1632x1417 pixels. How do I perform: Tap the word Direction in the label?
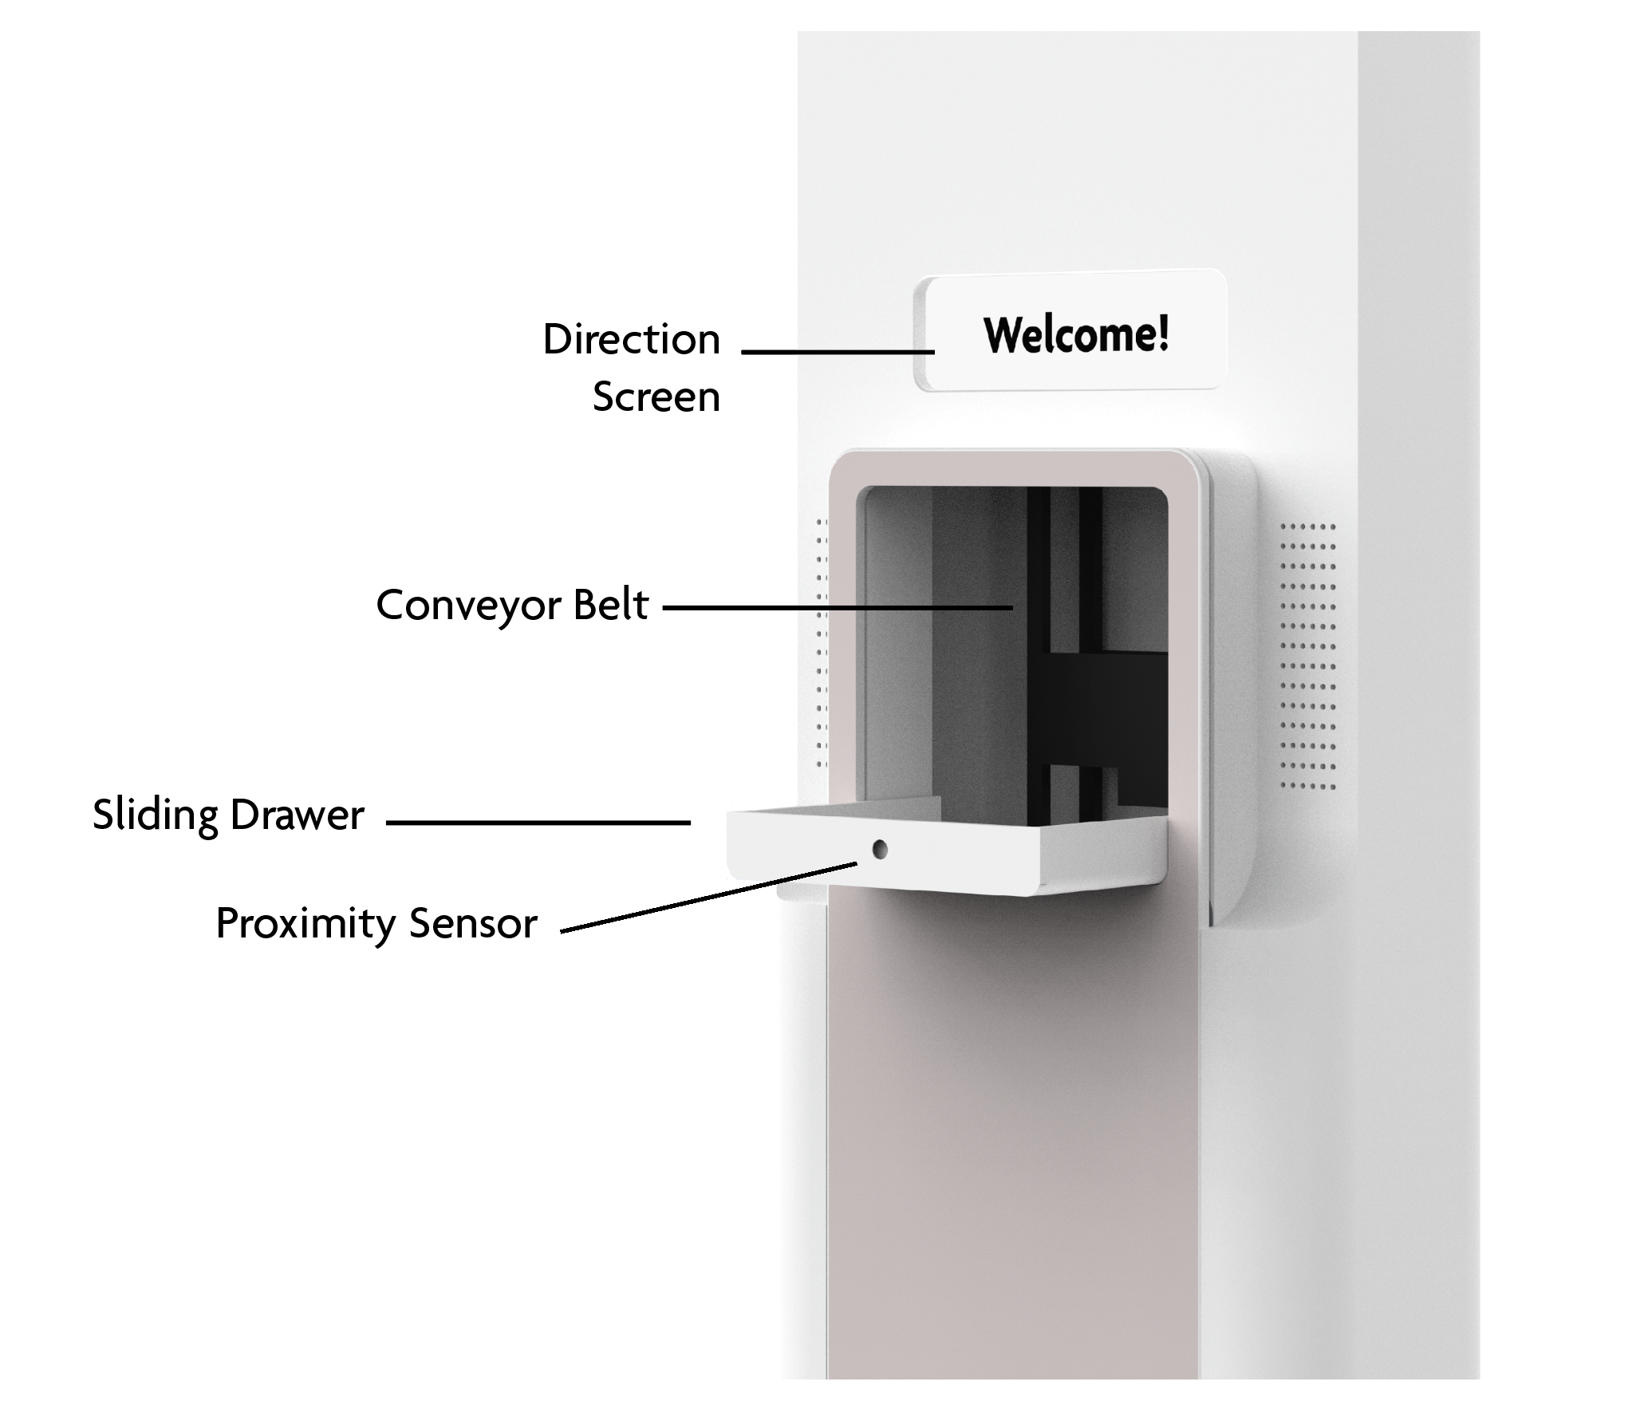tap(631, 340)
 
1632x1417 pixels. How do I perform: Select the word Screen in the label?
tap(656, 397)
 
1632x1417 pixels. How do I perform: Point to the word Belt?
tap(610, 605)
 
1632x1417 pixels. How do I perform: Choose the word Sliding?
tap(155, 815)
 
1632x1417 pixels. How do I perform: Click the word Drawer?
tap(297, 815)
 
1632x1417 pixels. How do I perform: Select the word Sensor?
tap(473, 924)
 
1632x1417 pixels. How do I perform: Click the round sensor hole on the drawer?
tap(879, 849)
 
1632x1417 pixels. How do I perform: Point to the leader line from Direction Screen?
tap(837, 351)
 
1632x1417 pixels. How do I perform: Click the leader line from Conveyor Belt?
tap(838, 608)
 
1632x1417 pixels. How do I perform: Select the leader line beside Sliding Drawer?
tap(538, 822)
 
